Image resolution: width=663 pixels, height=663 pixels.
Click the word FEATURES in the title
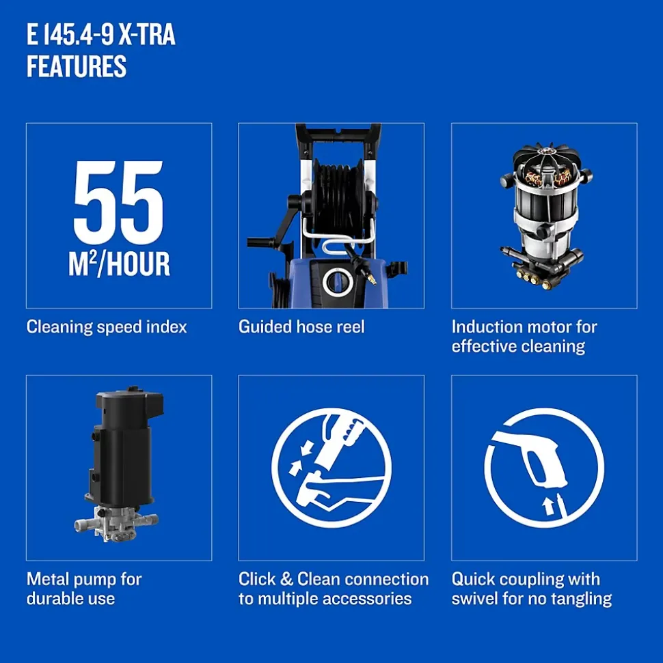pyautogui.click(x=77, y=66)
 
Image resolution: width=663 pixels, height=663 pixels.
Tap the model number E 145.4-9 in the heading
pyautogui.click(x=70, y=35)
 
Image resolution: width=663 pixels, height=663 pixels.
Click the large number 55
pyautogui.click(x=118, y=203)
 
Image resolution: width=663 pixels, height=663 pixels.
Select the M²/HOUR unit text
pyautogui.click(x=119, y=264)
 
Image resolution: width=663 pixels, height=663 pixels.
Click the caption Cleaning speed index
pyautogui.click(x=107, y=327)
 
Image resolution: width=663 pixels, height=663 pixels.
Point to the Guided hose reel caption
pyautogui.click(x=301, y=327)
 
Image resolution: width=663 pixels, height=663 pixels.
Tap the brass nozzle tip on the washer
pyautogui.click(x=372, y=279)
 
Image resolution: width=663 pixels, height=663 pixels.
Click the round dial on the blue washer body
pyautogui.click(x=337, y=282)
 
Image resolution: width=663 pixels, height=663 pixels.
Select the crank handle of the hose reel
pyautogui.click(x=271, y=228)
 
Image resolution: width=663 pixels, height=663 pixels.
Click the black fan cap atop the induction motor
pyautogui.click(x=545, y=156)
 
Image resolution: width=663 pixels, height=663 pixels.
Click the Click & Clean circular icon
pyautogui.click(x=331, y=468)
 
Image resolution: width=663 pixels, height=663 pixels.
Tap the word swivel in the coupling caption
pyautogui.click(x=474, y=599)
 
